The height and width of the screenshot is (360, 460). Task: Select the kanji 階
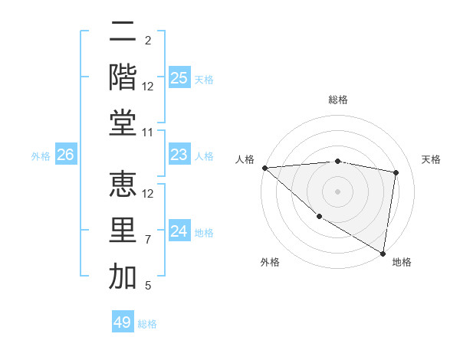click(x=123, y=77)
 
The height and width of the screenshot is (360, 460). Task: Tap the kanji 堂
click(x=123, y=123)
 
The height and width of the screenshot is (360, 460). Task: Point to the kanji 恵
click(x=123, y=185)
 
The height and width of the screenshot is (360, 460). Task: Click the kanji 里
click(x=123, y=231)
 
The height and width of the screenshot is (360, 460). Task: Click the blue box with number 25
click(x=179, y=78)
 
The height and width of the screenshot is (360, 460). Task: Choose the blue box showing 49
click(x=123, y=322)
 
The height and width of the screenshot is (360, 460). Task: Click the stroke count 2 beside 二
click(x=147, y=40)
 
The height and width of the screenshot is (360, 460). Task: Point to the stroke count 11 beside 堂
click(x=149, y=133)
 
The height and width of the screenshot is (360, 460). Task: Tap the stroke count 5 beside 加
click(x=147, y=286)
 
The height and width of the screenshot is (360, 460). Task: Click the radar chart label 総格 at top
click(x=337, y=100)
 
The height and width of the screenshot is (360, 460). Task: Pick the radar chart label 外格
click(x=270, y=262)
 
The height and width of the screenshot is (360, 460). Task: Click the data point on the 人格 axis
click(x=264, y=168)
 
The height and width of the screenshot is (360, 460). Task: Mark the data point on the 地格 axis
click(x=383, y=253)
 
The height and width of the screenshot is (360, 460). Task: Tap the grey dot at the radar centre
click(x=337, y=191)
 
